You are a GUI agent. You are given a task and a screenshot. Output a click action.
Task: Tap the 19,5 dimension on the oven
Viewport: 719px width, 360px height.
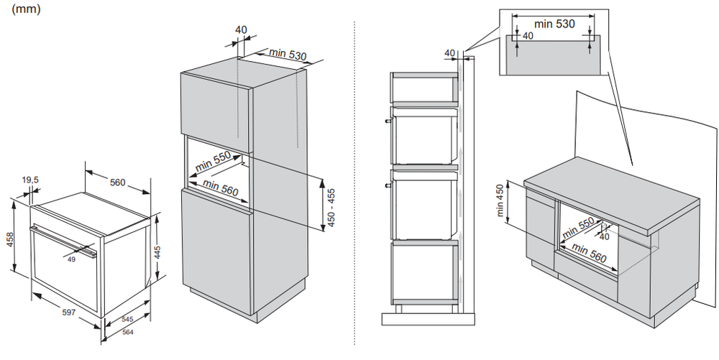tap(30, 180)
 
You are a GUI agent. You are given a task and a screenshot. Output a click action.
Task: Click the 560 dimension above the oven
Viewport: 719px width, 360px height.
tap(118, 182)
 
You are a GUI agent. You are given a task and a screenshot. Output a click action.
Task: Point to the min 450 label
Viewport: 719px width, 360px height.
tap(500, 200)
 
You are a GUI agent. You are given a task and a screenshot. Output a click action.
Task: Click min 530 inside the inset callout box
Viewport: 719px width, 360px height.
tap(555, 24)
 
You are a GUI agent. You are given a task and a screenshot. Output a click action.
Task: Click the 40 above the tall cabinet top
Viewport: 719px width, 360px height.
tap(240, 29)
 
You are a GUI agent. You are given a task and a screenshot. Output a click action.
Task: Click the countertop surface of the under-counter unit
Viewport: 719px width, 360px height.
tap(611, 194)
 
